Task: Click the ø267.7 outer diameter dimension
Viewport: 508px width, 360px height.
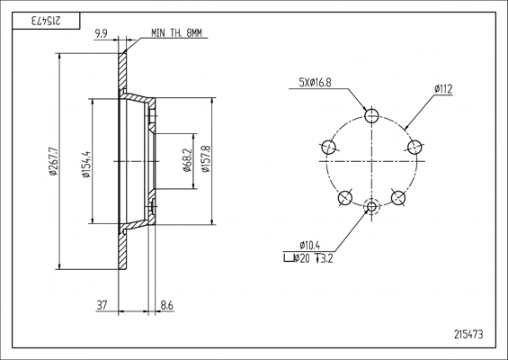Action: click(53, 161)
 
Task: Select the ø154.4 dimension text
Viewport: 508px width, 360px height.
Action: click(87, 165)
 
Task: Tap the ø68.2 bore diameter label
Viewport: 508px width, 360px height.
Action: click(187, 160)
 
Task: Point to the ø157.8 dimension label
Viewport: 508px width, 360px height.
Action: click(206, 159)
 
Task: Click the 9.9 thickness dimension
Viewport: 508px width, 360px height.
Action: click(101, 33)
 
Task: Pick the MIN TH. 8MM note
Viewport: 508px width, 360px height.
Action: click(176, 32)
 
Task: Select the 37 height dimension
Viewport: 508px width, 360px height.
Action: click(102, 305)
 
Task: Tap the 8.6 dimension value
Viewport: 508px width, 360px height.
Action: click(167, 305)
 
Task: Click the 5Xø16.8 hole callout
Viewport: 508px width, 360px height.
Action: click(316, 83)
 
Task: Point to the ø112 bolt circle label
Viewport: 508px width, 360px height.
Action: click(443, 89)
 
